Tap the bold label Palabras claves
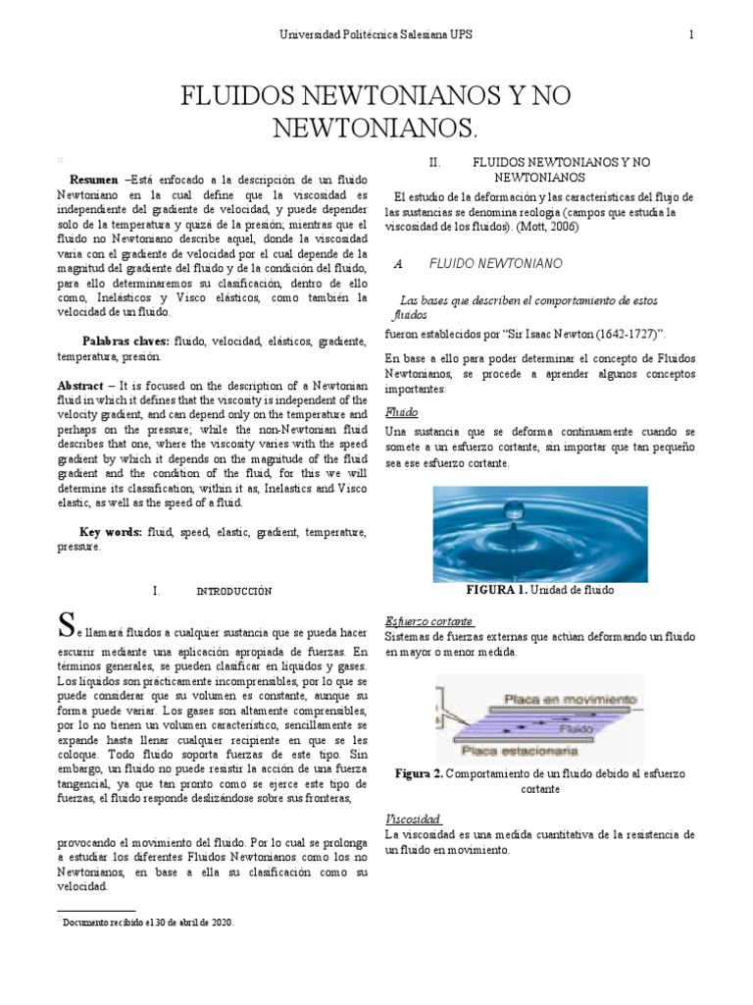[x=125, y=341]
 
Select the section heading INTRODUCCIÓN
[x=233, y=592]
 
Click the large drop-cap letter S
[x=66, y=623]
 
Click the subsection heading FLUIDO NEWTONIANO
[x=495, y=265]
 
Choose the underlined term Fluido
[x=402, y=412]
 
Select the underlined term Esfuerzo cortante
[x=429, y=621]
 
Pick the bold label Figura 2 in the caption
[x=419, y=774]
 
